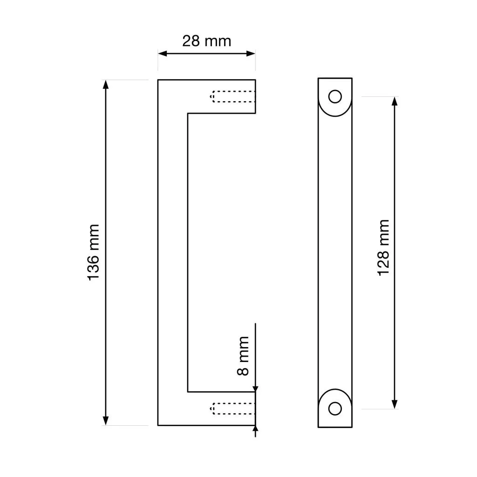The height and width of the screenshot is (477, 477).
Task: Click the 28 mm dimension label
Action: pyautogui.click(x=206, y=41)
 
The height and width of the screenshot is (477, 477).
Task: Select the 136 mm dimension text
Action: pyautogui.click(x=93, y=252)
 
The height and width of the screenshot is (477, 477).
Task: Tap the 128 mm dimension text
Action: pyautogui.click(x=383, y=247)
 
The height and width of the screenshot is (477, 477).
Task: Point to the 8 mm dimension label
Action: pyautogui.click(x=243, y=355)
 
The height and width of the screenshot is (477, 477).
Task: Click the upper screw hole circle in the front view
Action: pyautogui.click(x=335, y=96)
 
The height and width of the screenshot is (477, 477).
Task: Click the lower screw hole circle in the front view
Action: pyautogui.click(x=335, y=409)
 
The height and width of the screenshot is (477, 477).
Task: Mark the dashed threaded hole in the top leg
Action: pyautogui.click(x=232, y=96)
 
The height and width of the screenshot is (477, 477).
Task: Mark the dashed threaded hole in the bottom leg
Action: pyautogui.click(x=232, y=409)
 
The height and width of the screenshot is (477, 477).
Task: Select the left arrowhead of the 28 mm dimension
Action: pyautogui.click(x=163, y=54)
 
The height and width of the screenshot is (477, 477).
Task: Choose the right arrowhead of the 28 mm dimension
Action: pyautogui.click(x=251, y=54)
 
